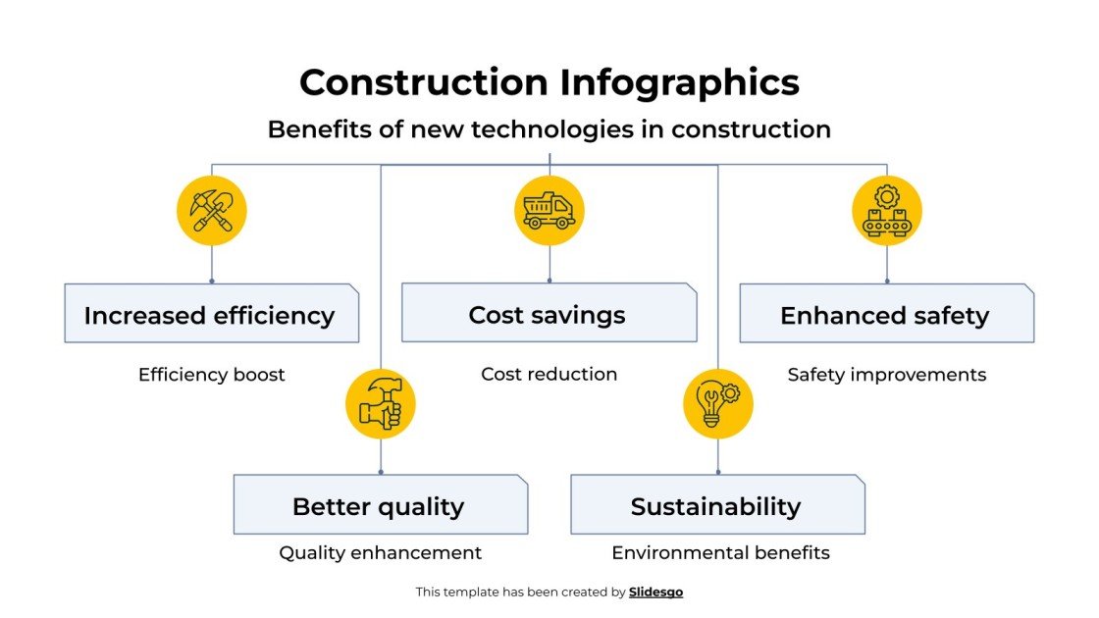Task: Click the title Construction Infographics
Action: (549, 82)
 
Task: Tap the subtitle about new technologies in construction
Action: (549, 129)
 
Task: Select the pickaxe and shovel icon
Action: (212, 210)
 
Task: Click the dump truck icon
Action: (549, 210)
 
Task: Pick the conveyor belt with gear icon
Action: (887, 210)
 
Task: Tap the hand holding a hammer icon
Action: (381, 403)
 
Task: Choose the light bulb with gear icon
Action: (718, 403)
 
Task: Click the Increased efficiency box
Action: (211, 314)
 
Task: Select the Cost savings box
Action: (549, 314)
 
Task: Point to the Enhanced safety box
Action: (886, 314)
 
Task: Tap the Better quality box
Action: (380, 505)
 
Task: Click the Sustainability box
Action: (717, 505)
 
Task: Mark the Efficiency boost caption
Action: (212, 375)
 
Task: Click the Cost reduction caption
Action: (549, 375)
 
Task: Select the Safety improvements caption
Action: (887, 375)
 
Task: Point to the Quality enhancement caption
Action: (381, 553)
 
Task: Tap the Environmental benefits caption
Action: (720, 553)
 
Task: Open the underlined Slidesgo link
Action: (655, 592)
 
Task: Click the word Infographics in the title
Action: (680, 82)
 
